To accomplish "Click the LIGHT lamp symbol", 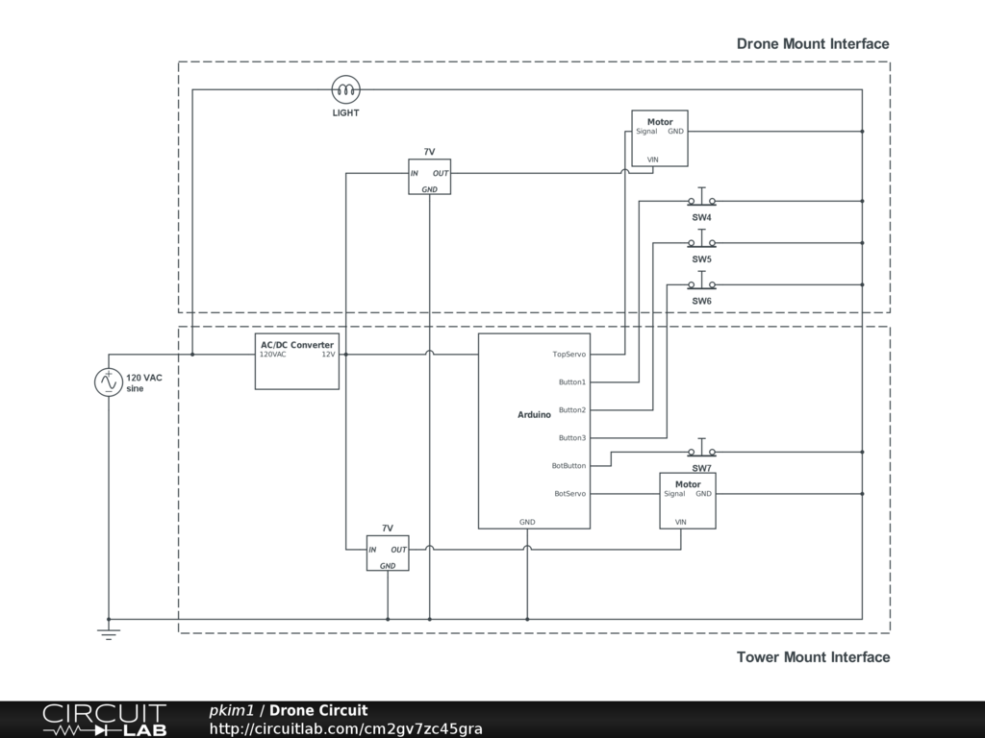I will click(345, 90).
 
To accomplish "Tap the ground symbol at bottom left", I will click(109, 633).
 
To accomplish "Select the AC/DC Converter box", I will click(297, 361).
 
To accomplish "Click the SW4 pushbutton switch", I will click(701, 200).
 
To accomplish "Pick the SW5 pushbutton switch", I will click(701, 242).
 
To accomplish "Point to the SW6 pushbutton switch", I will click(701, 283).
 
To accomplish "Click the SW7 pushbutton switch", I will click(701, 451).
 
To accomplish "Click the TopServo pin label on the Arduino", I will click(568, 355).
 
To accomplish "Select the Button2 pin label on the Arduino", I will click(571, 410).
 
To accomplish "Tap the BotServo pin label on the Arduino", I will click(569, 494).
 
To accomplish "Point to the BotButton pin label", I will click(568, 466).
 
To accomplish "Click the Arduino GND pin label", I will click(527, 522).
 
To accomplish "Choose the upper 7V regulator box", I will click(429, 176).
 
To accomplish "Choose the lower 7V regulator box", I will click(388, 553).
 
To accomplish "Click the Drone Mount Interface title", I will click(813, 43).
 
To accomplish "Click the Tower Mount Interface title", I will click(813, 657).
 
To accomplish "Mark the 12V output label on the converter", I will click(328, 355).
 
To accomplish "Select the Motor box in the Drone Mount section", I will click(660, 138).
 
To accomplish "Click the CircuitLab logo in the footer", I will click(104, 720).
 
